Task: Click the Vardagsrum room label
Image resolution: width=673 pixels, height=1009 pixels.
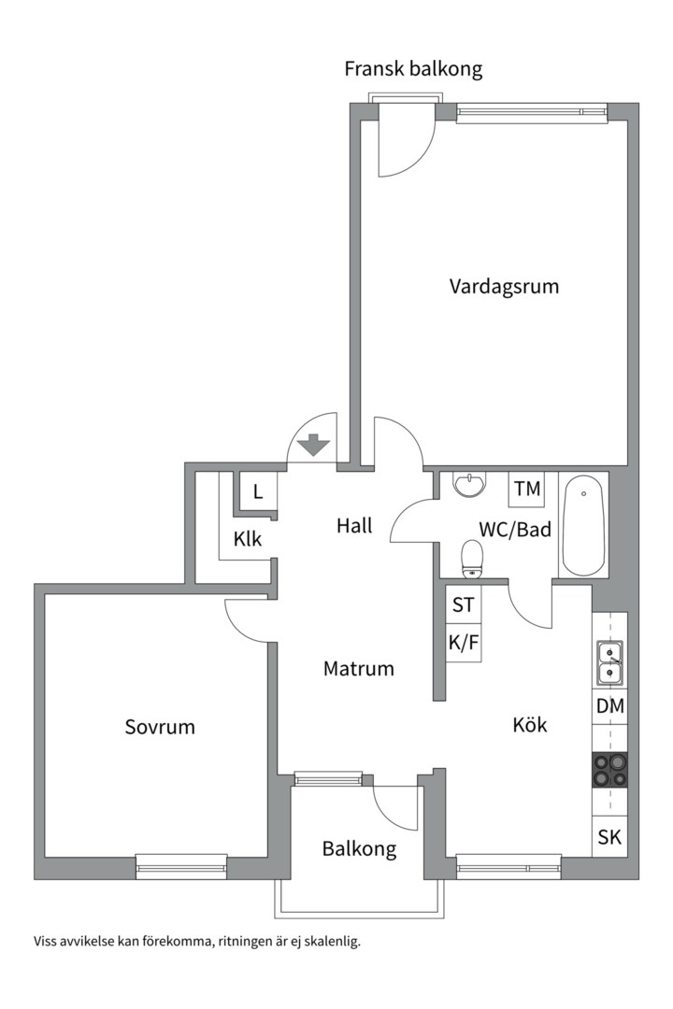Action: tap(504, 286)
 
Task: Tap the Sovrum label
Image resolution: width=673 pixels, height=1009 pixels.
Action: tap(160, 727)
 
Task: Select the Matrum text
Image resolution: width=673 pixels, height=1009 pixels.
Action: tap(359, 669)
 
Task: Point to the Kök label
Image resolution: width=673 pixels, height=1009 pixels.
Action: tap(529, 725)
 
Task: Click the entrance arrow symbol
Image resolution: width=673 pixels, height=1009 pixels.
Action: tap(314, 445)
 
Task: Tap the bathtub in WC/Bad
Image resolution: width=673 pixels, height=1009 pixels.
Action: tap(583, 524)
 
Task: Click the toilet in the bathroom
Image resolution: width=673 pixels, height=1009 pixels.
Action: tap(473, 557)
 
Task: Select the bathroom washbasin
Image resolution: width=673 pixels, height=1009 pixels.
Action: tap(469, 484)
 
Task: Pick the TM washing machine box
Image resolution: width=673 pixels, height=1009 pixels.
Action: tap(527, 489)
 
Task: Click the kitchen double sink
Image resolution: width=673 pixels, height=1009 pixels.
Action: tap(609, 662)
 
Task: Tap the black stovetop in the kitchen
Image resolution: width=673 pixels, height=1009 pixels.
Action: tap(609, 770)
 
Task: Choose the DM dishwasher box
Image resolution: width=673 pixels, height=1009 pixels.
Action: tap(609, 706)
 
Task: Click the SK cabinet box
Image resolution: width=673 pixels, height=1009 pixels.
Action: tap(609, 837)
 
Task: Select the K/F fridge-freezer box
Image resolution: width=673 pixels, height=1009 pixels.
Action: tap(464, 642)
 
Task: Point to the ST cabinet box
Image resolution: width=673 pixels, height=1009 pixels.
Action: tap(464, 604)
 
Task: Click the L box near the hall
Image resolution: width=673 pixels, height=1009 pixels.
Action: tap(258, 492)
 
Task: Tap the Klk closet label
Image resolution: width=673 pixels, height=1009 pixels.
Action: tap(248, 539)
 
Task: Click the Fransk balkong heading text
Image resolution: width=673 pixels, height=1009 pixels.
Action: tap(413, 69)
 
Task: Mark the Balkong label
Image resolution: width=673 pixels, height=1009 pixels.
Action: tap(359, 848)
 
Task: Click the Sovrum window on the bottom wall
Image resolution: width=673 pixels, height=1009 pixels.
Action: tap(181, 867)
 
